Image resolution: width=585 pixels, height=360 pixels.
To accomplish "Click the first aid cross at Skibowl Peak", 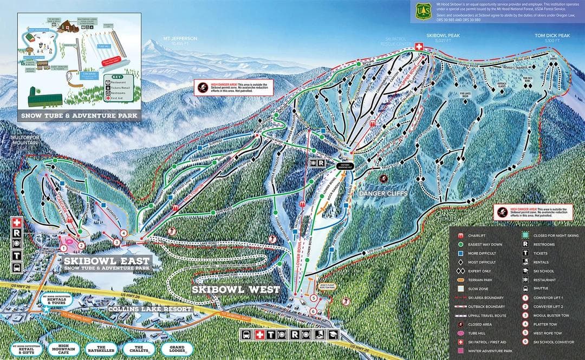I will [419, 48].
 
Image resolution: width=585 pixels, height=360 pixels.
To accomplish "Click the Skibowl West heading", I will [236, 289].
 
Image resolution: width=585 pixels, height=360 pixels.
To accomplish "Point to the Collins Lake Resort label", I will [151, 309].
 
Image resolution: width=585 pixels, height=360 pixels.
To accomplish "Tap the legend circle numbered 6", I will [525, 342].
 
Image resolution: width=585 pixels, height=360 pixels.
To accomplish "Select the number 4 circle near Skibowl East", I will [124, 234].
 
